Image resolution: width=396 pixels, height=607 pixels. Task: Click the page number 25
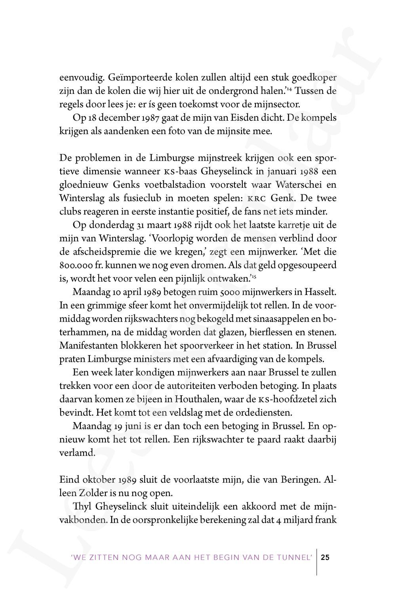coord(325,558)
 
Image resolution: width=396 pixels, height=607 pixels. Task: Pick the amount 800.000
coord(76,265)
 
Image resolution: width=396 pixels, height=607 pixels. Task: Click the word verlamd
coord(77,453)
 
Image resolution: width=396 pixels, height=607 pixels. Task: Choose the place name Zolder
coord(97,493)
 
